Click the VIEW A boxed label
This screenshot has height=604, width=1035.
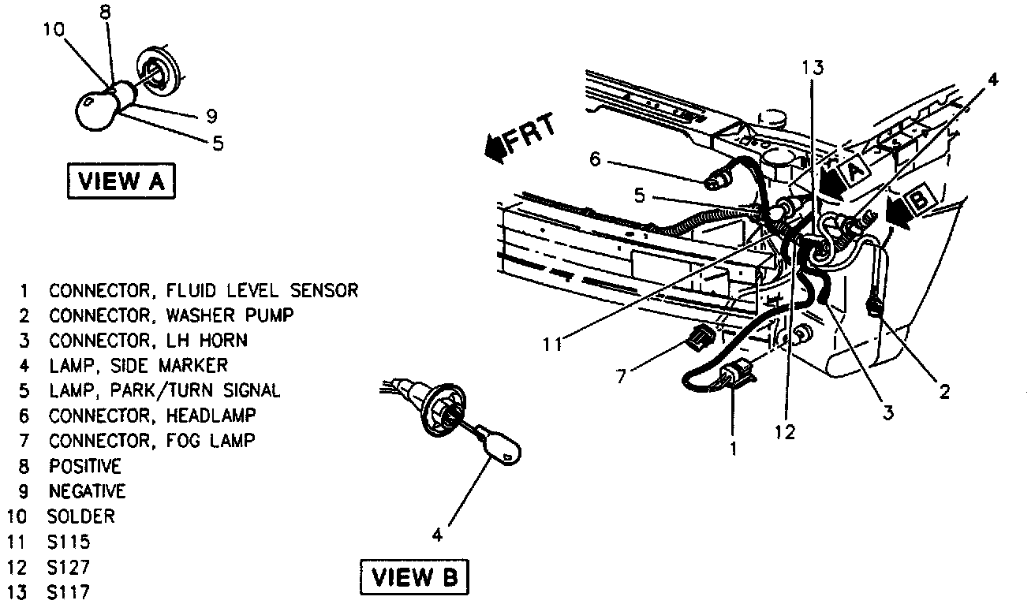click(x=121, y=181)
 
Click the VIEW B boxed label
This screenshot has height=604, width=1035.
click(x=414, y=578)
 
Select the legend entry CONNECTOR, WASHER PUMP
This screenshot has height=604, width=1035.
click(x=171, y=315)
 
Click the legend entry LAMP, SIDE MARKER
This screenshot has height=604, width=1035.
click(x=138, y=365)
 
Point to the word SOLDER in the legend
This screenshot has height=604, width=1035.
click(x=81, y=516)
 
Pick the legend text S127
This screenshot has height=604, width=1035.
click(x=68, y=567)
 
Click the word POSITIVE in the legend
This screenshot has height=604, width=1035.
click(x=85, y=466)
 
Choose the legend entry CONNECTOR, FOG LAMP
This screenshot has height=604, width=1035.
click(x=151, y=441)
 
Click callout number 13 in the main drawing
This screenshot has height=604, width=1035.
click(x=813, y=68)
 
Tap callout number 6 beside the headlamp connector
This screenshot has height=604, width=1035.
click(x=594, y=160)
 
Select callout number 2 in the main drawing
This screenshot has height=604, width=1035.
click(x=943, y=390)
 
